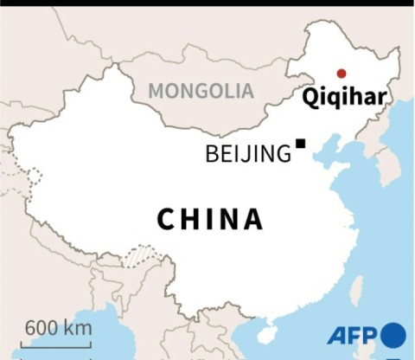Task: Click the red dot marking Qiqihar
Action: [x=342, y=74]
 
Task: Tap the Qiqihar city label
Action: [x=344, y=95]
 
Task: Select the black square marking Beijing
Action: [x=301, y=144]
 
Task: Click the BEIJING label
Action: [x=248, y=155]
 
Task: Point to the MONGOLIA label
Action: [x=201, y=90]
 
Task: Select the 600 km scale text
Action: [x=58, y=329]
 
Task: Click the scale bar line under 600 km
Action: [x=58, y=345]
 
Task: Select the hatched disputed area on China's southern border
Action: [x=138, y=255]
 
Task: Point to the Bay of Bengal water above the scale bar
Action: [x=69, y=312]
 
